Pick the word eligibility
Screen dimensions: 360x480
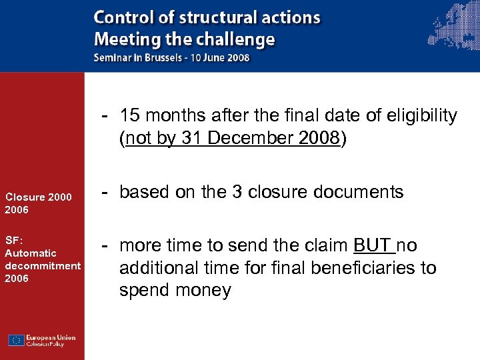click(x=423, y=115)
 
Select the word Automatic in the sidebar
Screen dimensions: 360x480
click(x=31, y=253)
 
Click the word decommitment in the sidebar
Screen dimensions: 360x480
click(x=42, y=266)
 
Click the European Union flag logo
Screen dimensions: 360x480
click(x=17, y=340)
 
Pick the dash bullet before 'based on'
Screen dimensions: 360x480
click(x=105, y=192)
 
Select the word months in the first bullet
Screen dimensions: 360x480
click(x=175, y=115)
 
